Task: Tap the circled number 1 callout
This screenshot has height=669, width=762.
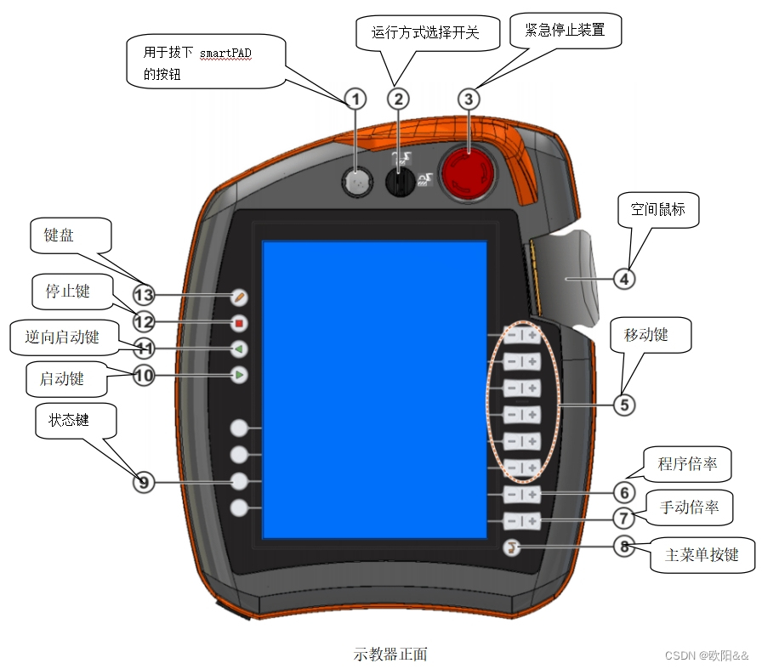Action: coord(355,99)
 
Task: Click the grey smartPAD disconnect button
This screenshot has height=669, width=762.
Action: coord(358,181)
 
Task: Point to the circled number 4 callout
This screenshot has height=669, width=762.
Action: coord(624,277)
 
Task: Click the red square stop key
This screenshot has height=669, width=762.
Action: coord(240,323)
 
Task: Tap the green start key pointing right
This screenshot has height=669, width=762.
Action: coord(240,374)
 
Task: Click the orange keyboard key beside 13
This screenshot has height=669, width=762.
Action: coord(240,297)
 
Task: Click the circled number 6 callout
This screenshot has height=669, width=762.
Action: coord(624,492)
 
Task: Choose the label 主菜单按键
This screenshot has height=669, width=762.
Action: coord(702,555)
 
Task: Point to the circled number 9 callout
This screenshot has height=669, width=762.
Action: coord(144,482)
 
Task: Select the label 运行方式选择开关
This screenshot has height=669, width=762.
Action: coord(426,33)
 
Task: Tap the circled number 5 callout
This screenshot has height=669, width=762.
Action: coord(624,405)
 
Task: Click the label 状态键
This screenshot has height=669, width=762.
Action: coord(69,421)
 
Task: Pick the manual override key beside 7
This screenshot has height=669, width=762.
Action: coord(521,521)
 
